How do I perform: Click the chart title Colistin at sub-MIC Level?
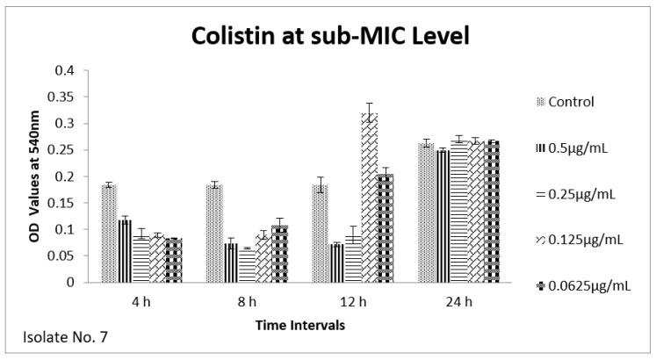pos(328,39)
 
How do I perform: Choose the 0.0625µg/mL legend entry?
pos(588,285)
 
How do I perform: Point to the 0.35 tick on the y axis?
pos(64,97)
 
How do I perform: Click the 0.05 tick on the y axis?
pos(64,256)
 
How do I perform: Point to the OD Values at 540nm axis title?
pos(31,176)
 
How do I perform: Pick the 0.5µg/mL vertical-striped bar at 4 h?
pos(125,251)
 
